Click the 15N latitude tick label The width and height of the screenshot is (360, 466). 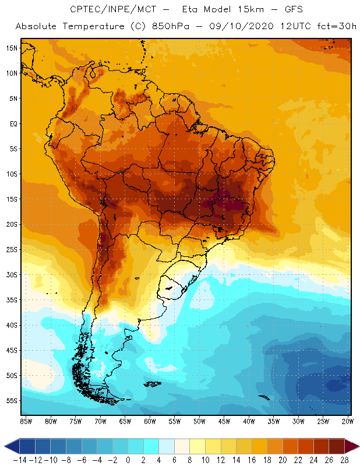pos(12,48)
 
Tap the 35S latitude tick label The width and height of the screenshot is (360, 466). pos(12,300)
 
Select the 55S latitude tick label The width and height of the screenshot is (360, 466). pos(12,401)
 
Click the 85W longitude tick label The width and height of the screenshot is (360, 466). pos(26,421)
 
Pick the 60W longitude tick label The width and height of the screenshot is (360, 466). pos(150,421)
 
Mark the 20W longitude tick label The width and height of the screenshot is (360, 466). pos(348,421)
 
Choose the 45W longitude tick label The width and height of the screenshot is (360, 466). pos(224,421)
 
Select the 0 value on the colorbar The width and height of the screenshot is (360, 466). pos(128,460)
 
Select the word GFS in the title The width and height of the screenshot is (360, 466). pos(280,10)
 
